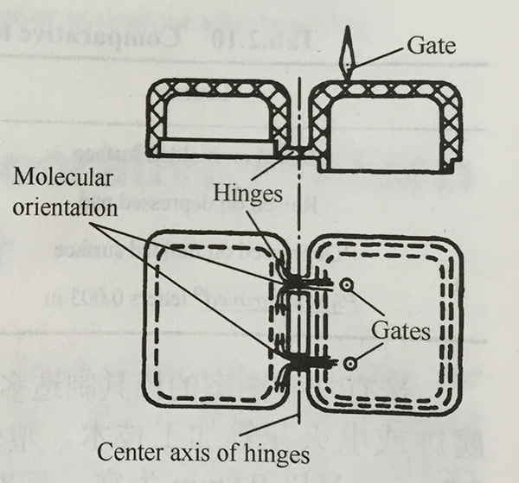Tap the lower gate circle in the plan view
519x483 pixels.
pos(349,365)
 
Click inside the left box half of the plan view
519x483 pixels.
pos(217,319)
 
